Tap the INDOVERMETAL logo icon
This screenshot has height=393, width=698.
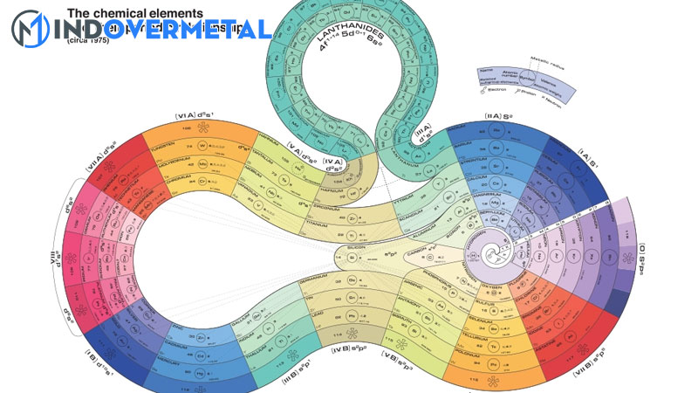(x=30, y=29)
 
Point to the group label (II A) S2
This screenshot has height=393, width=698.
(x=503, y=115)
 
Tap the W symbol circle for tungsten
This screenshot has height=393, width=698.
(x=202, y=146)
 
